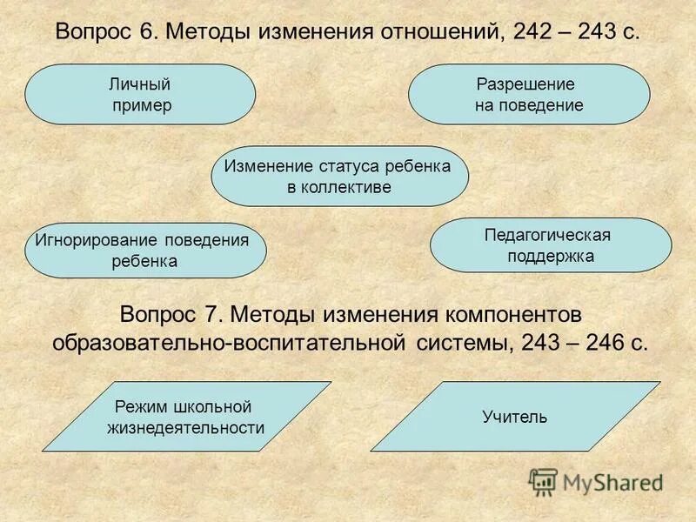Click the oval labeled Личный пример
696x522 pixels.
pyautogui.click(x=140, y=94)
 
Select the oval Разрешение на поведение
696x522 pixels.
pyautogui.click(x=528, y=94)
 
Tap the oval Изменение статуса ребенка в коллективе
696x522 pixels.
pyautogui.click(x=339, y=176)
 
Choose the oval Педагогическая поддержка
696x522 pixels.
pyautogui.click(x=551, y=245)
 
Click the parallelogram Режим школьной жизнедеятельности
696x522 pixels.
pyautogui.click(x=186, y=417)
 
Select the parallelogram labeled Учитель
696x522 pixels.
pyautogui.click(x=515, y=417)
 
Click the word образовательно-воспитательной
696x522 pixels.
pyautogui.click(x=228, y=342)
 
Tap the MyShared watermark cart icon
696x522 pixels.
pyautogui.click(x=544, y=481)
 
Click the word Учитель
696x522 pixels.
pyautogui.click(x=515, y=417)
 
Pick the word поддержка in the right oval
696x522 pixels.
pyautogui.click(x=551, y=256)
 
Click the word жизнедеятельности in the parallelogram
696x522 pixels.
pyautogui.click(x=185, y=427)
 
